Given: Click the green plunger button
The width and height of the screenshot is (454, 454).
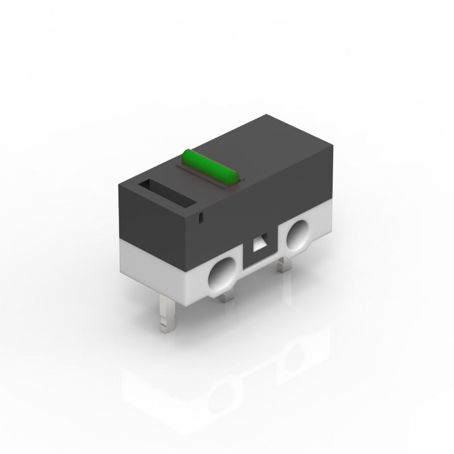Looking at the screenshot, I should click(210, 166).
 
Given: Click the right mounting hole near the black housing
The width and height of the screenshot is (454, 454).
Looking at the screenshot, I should click(297, 236).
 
